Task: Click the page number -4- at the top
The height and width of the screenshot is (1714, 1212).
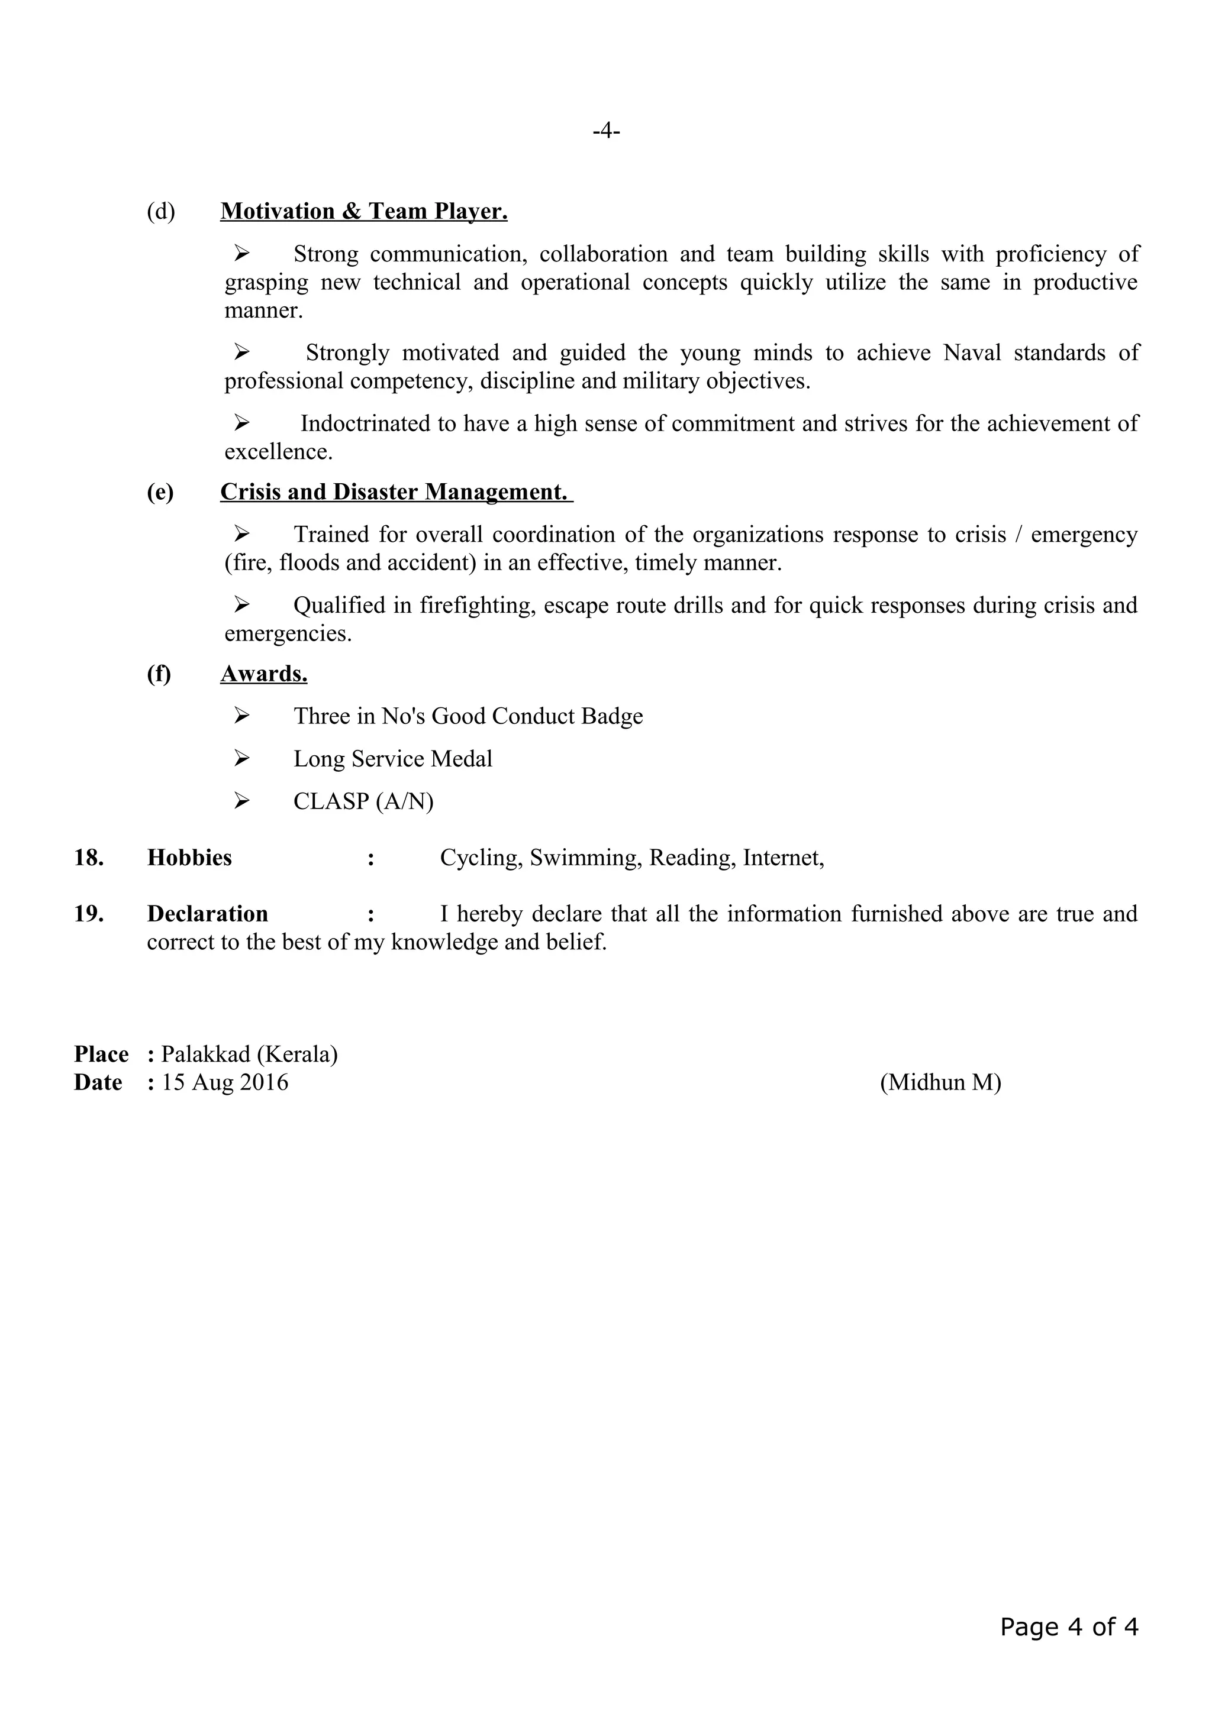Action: click(x=605, y=131)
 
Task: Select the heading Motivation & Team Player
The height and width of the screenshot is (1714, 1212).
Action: click(x=364, y=211)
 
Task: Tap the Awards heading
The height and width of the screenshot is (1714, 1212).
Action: click(x=263, y=674)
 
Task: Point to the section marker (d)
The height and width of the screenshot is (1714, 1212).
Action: click(x=160, y=212)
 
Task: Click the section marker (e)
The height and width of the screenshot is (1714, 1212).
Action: click(x=160, y=493)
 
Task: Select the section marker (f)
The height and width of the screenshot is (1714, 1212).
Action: click(x=159, y=674)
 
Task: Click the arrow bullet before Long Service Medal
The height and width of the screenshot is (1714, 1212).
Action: click(x=241, y=758)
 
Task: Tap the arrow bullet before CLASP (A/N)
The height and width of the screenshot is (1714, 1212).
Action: click(x=241, y=801)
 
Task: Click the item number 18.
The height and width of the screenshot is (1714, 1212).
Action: click(x=89, y=858)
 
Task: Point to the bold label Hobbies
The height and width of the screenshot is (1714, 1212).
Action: click(x=190, y=858)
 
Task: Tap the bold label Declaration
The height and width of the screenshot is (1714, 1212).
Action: click(x=208, y=914)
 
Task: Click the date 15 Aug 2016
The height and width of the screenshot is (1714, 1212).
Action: click(x=225, y=1082)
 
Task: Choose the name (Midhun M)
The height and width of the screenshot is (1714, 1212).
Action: click(x=940, y=1082)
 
